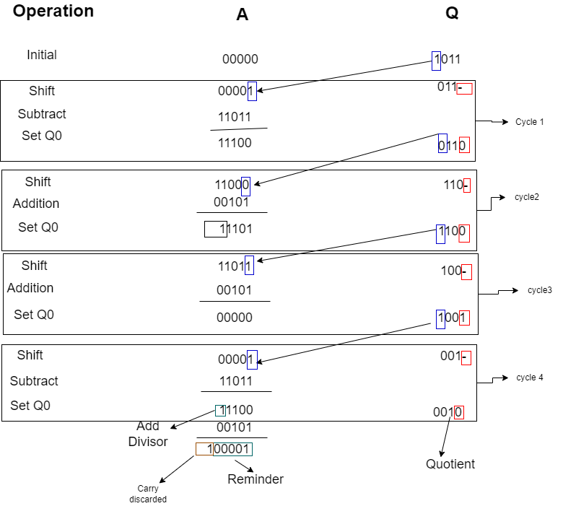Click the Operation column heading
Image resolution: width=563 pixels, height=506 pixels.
coord(53,12)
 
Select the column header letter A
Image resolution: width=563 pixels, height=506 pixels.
coord(243,14)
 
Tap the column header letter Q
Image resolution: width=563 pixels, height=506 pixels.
coord(452,14)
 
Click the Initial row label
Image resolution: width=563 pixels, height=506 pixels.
coord(42,55)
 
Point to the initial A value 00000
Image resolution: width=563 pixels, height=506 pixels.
coord(240,60)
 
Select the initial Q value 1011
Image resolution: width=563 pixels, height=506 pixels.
coord(447,60)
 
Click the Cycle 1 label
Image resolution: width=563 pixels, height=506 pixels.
coord(530,122)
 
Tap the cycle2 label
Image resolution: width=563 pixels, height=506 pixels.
coord(527,197)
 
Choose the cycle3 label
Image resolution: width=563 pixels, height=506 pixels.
coord(540,290)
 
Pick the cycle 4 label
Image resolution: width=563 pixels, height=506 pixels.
coord(530,378)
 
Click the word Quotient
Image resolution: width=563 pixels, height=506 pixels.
coord(450,464)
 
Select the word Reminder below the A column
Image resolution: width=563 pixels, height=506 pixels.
coord(256,479)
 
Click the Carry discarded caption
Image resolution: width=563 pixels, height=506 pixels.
coord(148,494)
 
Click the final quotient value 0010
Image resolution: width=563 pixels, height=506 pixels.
coord(448,412)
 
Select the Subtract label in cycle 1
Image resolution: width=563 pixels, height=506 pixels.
coord(42,114)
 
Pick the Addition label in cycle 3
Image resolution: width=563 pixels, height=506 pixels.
coord(30,288)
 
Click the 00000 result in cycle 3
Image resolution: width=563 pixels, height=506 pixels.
coord(235,318)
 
